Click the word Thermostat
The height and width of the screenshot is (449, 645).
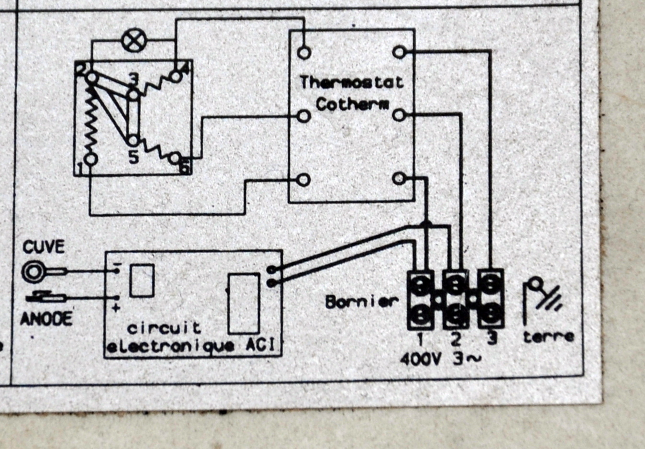(352, 82)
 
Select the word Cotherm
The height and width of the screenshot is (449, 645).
(352, 104)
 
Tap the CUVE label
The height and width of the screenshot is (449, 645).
(43, 247)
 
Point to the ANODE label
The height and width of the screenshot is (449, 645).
(46, 318)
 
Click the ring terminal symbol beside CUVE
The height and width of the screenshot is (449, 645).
(33, 272)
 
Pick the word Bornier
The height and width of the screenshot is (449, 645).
(361, 302)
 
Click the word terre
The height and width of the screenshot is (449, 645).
(548, 337)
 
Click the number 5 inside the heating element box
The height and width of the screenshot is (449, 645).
(133, 157)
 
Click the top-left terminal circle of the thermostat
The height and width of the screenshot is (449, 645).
(304, 52)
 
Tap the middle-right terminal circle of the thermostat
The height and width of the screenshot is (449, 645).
(399, 115)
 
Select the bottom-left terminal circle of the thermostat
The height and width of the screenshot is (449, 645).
(303, 180)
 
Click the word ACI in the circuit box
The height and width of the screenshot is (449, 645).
(261, 345)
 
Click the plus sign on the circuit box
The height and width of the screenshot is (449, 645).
(116, 308)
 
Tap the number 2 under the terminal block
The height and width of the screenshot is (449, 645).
(456, 339)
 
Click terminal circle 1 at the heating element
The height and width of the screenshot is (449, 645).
(91, 159)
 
